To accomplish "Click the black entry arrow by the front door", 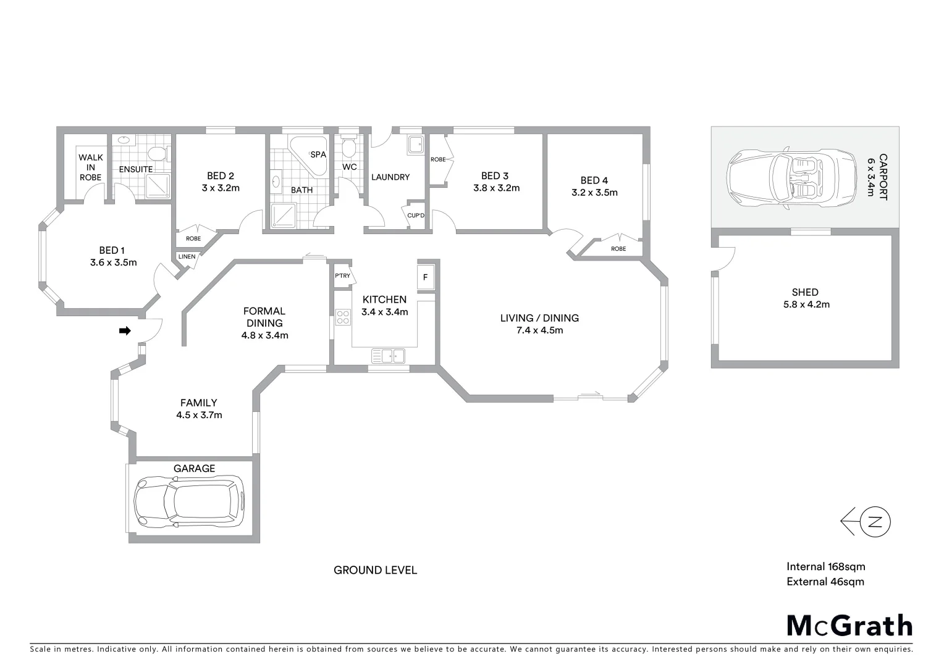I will click(125, 331).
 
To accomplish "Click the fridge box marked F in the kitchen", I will click(426, 277).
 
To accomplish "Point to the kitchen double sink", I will click(388, 356).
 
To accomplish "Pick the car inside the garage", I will click(189, 501).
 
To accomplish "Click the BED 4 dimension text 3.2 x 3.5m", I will click(594, 193).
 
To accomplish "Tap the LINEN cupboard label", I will click(187, 256).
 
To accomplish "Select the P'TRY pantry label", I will click(342, 275).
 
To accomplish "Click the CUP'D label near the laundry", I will click(416, 215).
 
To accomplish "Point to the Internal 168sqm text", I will click(825, 566).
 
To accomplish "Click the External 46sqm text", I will click(825, 581).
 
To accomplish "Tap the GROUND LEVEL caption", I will click(375, 570).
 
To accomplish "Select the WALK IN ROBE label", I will click(90, 167).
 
